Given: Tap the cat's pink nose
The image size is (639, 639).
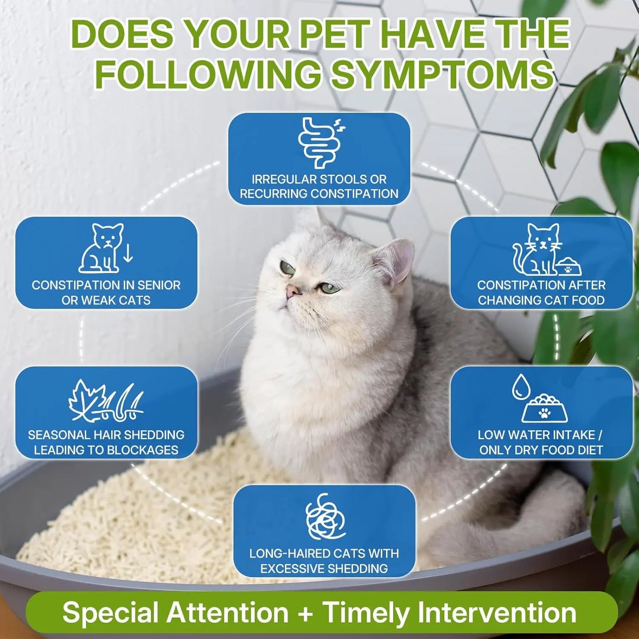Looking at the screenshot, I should (x=292, y=291).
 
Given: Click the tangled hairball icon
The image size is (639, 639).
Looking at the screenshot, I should (x=325, y=517).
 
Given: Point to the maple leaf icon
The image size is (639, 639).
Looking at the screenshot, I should (x=88, y=400).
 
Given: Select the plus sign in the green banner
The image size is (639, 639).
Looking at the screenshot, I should (x=305, y=613).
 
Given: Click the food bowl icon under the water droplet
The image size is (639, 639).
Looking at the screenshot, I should (x=544, y=408).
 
